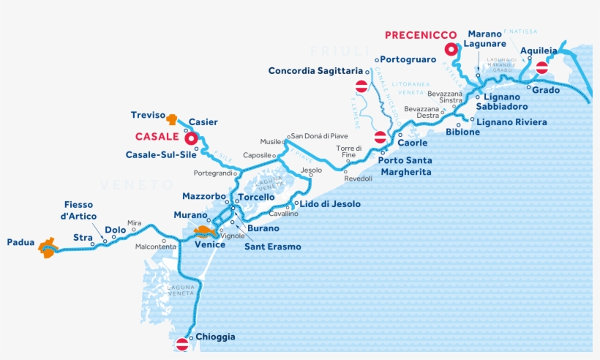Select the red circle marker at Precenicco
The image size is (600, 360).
click(451, 50)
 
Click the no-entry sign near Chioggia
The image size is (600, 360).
click(183, 343)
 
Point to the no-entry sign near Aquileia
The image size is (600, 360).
click(541, 68)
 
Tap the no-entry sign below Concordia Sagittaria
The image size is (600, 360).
click(361, 86)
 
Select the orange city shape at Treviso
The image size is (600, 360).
click(172, 118)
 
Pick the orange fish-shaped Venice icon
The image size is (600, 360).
click(204, 232)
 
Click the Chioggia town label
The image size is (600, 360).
click(215, 337)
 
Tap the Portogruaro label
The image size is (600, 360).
click(408, 59)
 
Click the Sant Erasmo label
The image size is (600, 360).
click(272, 247)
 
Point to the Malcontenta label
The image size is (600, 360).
click(156, 247)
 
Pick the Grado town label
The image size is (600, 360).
click(546, 90)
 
